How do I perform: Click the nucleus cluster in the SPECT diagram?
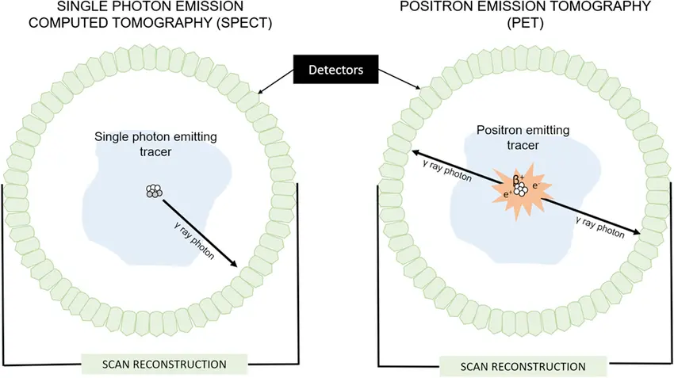[x=154, y=191]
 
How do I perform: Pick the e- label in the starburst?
[x=537, y=185]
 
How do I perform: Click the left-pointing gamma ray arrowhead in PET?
[x=413, y=153]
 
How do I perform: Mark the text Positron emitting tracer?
[x=519, y=136]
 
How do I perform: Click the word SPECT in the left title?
[x=246, y=24]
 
